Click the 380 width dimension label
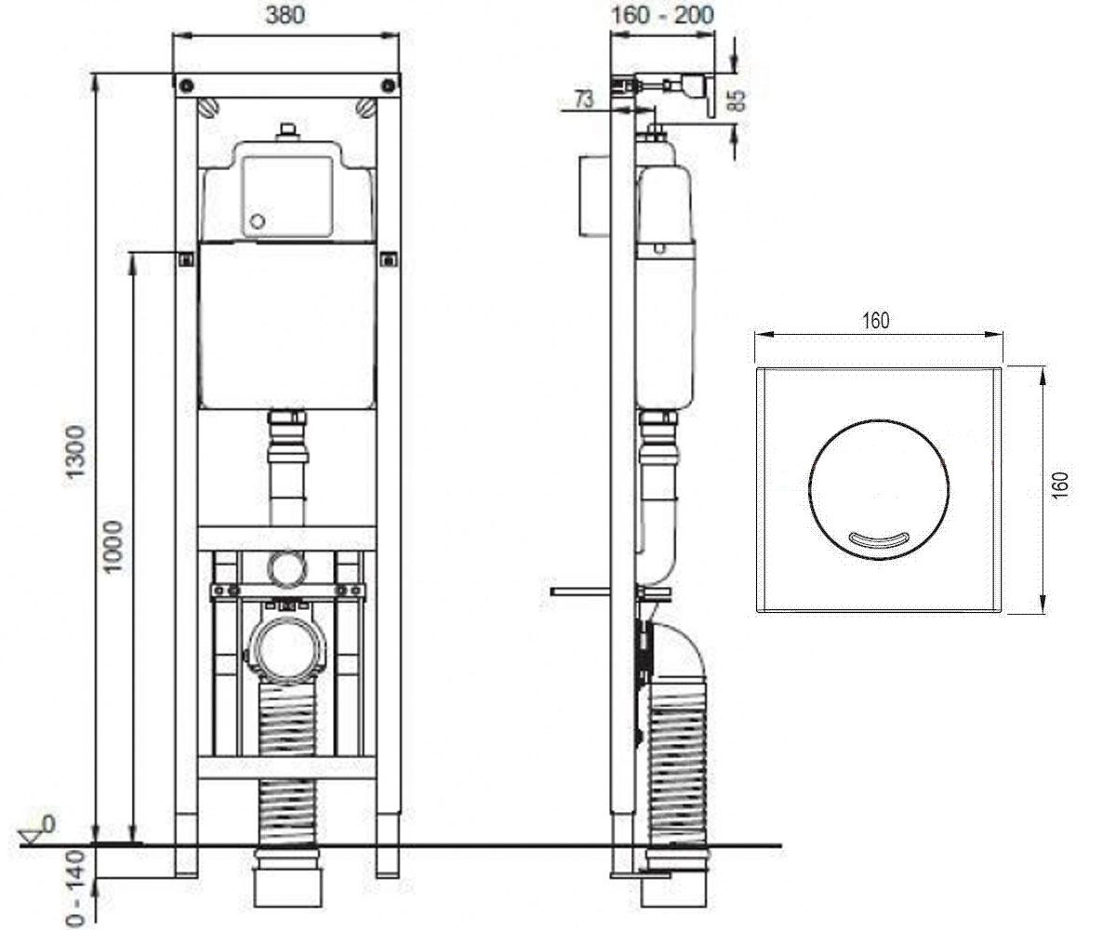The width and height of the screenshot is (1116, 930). click(x=286, y=16)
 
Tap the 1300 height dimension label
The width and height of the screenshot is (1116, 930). click(x=74, y=455)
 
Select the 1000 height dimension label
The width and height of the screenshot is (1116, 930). click(x=113, y=546)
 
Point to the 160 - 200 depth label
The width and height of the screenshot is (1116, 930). click(x=662, y=16)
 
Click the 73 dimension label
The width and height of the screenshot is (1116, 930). click(x=584, y=99)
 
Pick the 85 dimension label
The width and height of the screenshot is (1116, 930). click(x=737, y=100)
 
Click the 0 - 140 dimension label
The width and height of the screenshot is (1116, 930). click(x=76, y=888)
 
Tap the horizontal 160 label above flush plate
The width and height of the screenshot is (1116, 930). click(x=876, y=320)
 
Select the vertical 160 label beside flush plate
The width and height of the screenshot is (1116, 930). click(x=1059, y=485)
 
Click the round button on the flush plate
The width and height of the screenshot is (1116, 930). click(x=879, y=489)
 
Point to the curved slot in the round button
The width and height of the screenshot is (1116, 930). click(x=878, y=538)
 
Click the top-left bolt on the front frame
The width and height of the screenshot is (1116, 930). click(x=186, y=86)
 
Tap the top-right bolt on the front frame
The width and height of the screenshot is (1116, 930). click(x=389, y=86)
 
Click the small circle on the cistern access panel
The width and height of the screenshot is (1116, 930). click(x=258, y=220)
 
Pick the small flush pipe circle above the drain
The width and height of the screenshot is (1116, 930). click(x=287, y=568)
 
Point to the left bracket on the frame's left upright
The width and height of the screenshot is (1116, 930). click(x=185, y=259)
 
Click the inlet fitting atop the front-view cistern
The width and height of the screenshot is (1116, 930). click(x=288, y=132)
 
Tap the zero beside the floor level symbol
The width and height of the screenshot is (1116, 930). click(x=48, y=824)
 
